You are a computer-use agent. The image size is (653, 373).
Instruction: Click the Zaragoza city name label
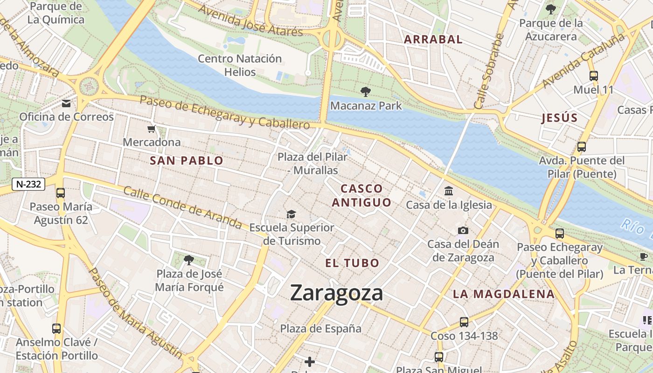click(336, 293)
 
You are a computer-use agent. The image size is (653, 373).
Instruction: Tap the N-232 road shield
click(28, 184)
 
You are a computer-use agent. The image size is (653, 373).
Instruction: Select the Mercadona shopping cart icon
click(151, 129)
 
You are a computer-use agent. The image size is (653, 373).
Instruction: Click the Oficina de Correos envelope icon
click(66, 103)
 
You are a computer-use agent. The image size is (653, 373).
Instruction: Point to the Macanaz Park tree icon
click(365, 92)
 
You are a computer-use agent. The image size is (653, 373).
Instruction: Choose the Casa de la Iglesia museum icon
click(449, 191)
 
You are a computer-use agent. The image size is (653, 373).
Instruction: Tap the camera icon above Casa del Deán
click(463, 230)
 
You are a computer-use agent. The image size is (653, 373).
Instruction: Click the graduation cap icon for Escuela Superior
click(292, 214)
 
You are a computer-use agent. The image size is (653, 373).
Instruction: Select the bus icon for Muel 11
click(593, 76)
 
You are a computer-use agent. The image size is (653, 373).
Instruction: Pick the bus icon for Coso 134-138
click(464, 322)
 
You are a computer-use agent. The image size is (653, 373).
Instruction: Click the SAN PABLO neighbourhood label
click(187, 161)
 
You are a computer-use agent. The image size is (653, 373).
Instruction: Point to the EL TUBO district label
click(352, 263)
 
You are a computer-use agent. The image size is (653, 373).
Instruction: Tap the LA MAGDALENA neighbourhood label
click(504, 294)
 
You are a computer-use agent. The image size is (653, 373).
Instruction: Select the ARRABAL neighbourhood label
click(433, 40)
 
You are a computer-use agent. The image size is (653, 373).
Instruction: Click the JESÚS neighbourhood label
click(559, 118)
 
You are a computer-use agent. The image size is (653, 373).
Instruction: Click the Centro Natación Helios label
click(240, 65)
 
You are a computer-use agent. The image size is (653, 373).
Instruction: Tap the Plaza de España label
click(320, 329)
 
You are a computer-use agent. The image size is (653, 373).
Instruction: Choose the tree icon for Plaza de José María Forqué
click(188, 260)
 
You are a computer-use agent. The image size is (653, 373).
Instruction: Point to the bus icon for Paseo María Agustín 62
click(61, 193)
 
